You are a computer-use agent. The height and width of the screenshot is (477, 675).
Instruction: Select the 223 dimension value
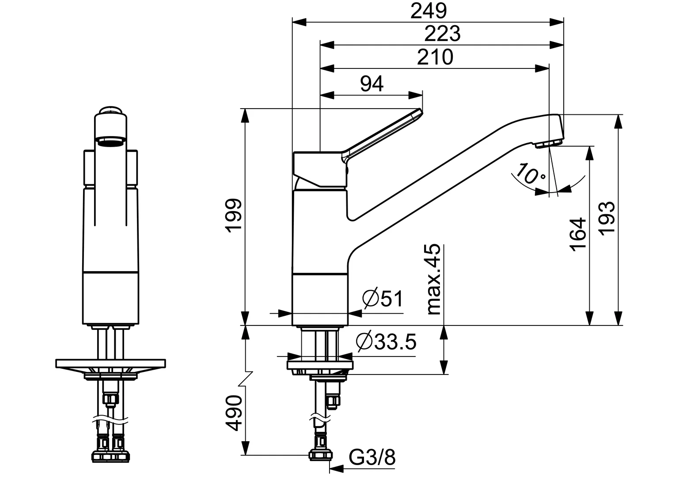point(442,34)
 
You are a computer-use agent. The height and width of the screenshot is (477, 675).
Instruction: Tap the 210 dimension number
point(435,57)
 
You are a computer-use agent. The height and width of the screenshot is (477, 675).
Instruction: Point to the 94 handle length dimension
point(372,83)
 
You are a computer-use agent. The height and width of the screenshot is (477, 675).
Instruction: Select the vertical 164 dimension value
point(578,234)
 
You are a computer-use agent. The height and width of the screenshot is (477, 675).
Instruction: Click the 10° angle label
point(531,174)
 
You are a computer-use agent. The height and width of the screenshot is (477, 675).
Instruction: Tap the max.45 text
point(434,279)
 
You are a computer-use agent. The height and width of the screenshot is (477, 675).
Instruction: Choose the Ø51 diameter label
point(383,299)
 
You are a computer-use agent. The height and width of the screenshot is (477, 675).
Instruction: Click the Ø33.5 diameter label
point(386,341)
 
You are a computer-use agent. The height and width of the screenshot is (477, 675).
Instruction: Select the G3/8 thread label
point(372,458)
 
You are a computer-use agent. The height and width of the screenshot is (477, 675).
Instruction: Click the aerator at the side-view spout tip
point(549,143)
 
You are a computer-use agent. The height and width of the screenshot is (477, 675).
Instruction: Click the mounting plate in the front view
point(110,363)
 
